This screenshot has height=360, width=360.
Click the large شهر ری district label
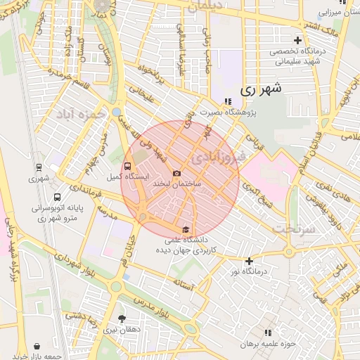(261, 89)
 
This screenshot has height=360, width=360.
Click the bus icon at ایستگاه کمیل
(127, 167)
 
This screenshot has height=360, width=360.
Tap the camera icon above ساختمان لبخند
(176, 173)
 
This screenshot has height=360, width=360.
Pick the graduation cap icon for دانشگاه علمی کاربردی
(186, 229)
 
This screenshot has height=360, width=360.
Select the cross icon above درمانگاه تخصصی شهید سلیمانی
(298, 40)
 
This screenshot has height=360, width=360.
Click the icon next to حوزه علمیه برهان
(268, 333)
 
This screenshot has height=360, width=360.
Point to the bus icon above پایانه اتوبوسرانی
(57, 198)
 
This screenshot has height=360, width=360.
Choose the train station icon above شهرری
(39, 167)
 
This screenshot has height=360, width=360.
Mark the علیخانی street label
(141, 92)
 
